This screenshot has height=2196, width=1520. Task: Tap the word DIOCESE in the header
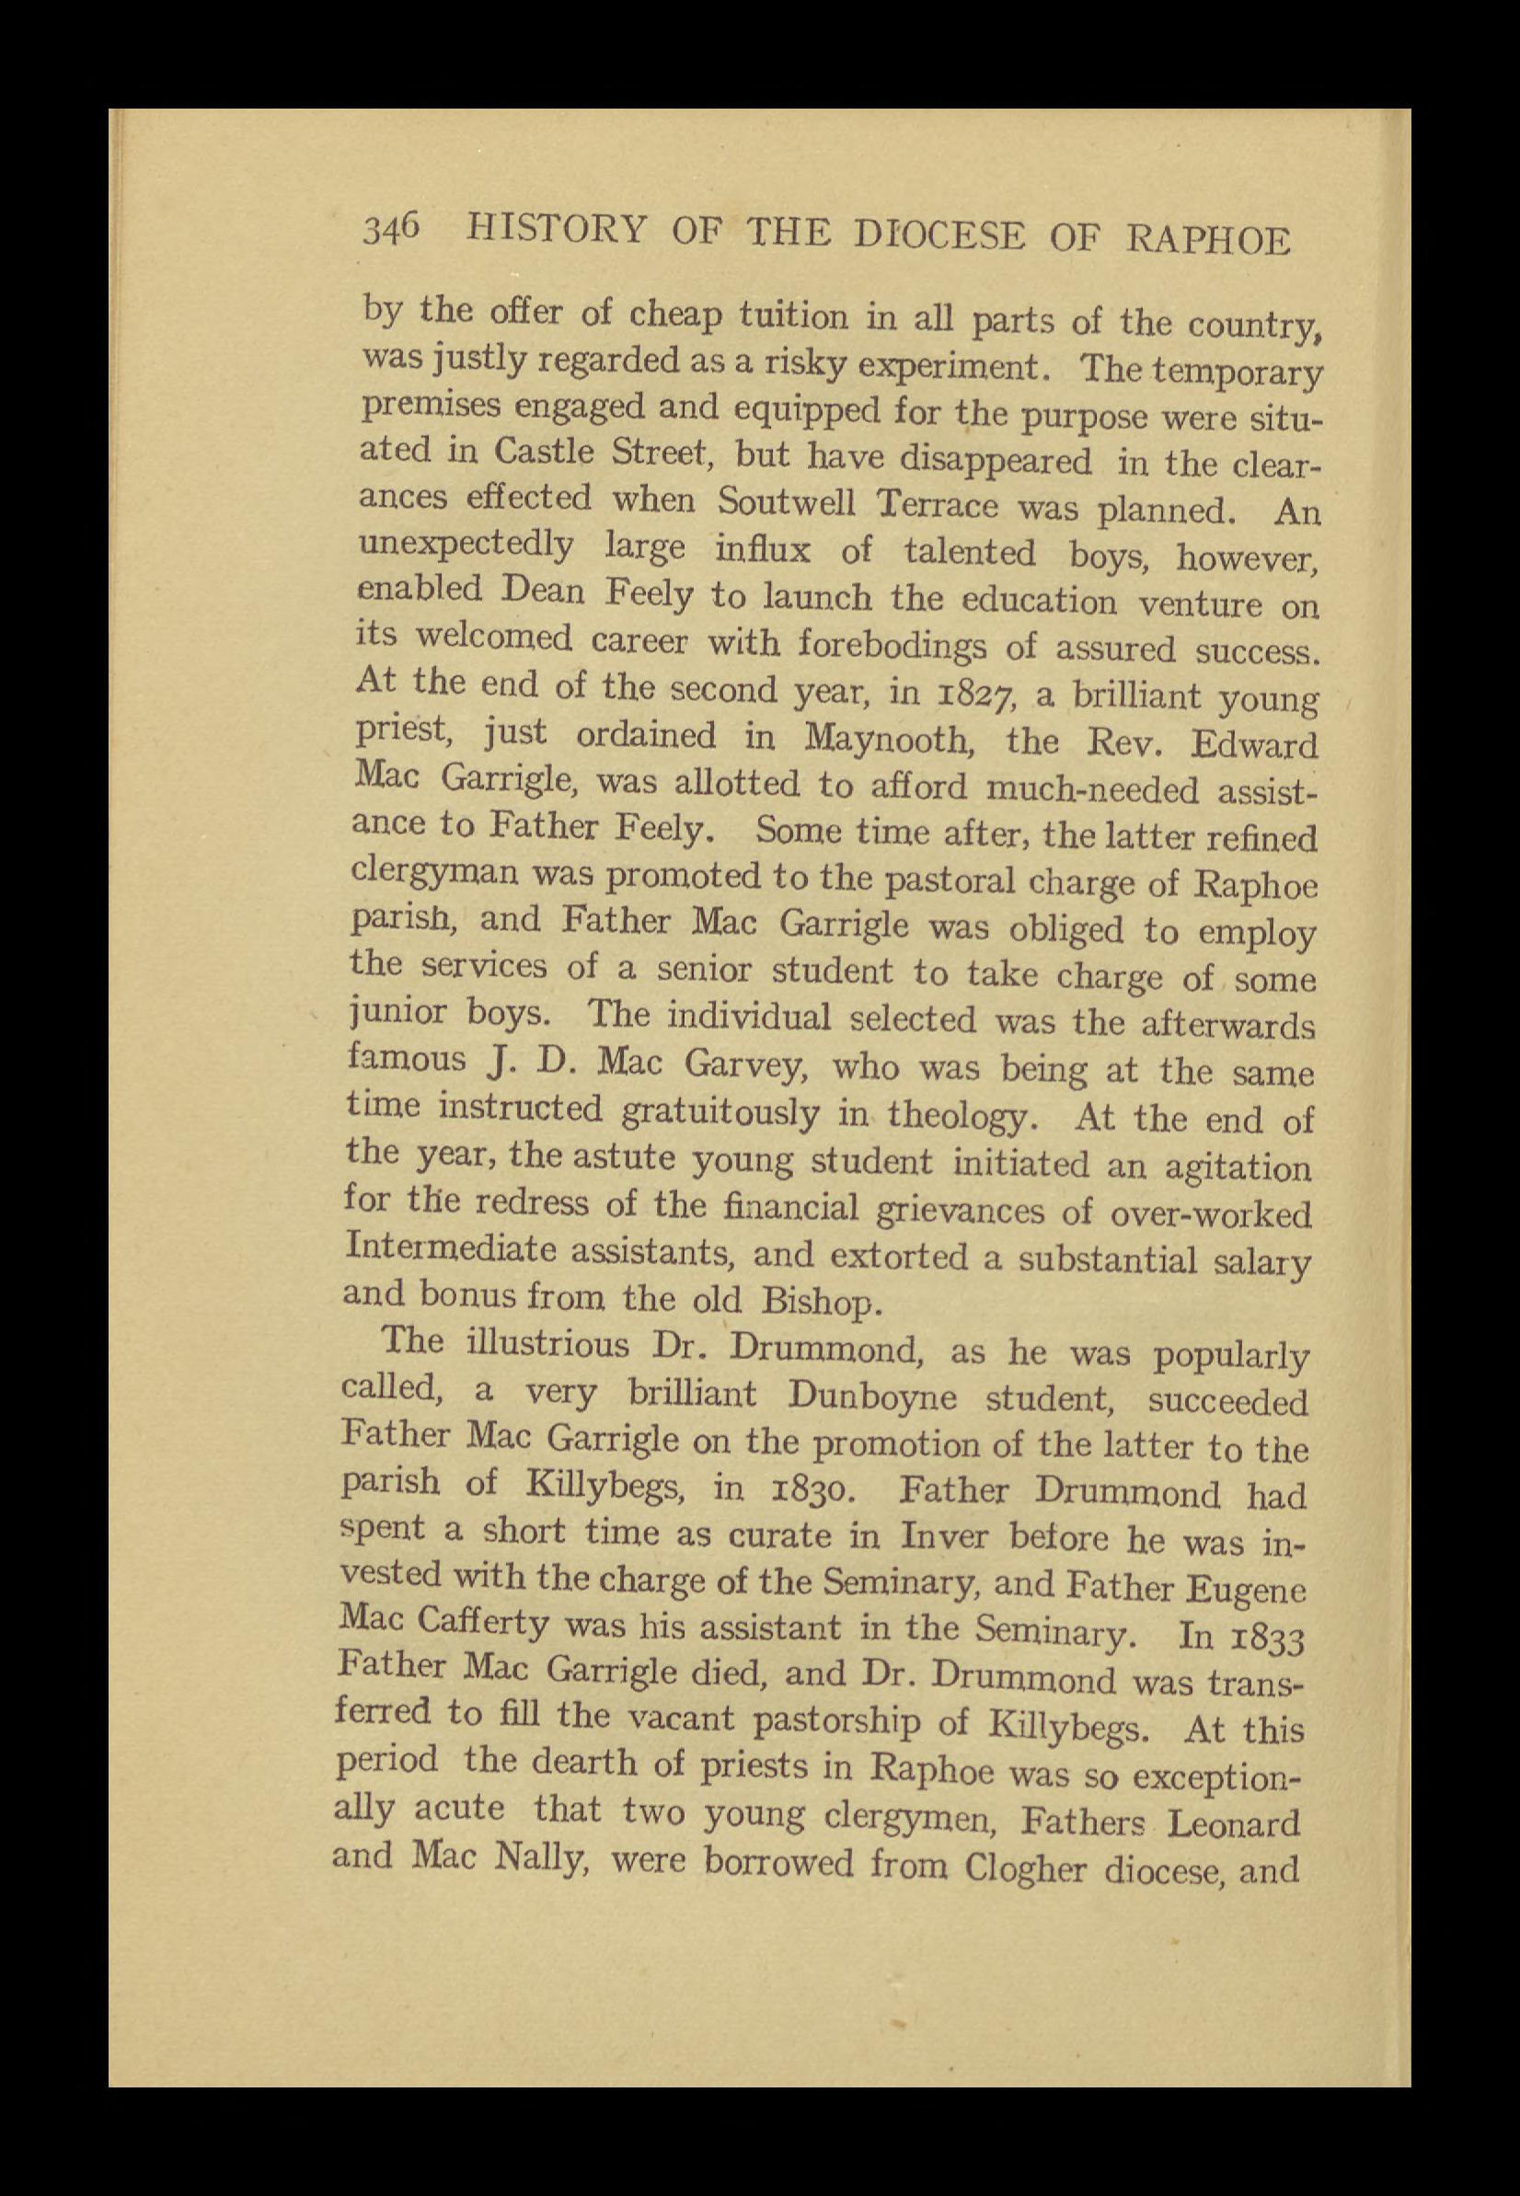click(940, 235)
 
